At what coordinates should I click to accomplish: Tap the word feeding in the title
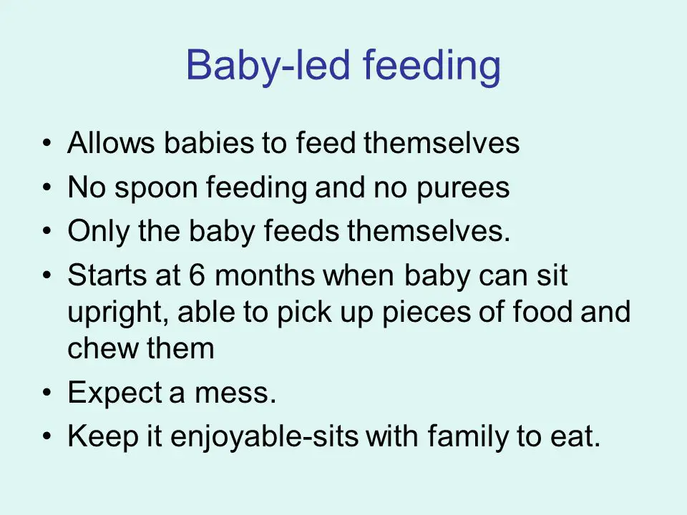pos(432,65)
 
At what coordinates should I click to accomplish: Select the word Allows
pos(111,142)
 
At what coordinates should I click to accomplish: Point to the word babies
pos(208,142)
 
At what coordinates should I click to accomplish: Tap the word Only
pos(99,232)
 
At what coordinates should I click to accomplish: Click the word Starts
pos(107,275)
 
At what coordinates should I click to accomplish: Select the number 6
pos(198,275)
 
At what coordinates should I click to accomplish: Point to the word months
pos(265,275)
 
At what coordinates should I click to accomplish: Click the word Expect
pos(114,393)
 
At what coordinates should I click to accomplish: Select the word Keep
pos(103,437)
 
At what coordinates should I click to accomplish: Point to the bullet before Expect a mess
pos(47,392)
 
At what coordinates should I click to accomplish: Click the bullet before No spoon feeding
pos(47,187)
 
